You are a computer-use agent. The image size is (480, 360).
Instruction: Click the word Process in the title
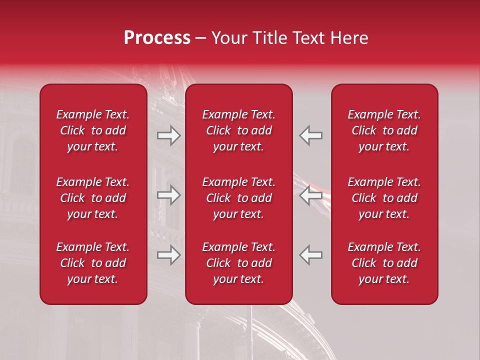[157, 38]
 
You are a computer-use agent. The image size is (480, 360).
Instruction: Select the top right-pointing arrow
[168, 135]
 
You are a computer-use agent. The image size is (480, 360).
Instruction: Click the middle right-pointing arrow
[168, 195]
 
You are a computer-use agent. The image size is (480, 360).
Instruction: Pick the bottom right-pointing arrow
[168, 255]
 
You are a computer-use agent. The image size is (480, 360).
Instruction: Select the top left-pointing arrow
[310, 135]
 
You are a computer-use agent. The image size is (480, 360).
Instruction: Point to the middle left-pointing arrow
[310, 195]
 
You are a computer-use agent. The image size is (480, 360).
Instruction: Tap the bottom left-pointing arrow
[310, 255]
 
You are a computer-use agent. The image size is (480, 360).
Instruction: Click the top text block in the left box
[93, 130]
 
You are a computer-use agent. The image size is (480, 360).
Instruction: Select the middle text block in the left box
[93, 198]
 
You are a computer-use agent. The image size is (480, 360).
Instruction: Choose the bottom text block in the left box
[93, 263]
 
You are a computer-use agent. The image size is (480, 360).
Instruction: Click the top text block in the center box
[239, 130]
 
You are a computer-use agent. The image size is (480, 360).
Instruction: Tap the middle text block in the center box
[239, 198]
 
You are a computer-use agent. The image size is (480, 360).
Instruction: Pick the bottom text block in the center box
[239, 263]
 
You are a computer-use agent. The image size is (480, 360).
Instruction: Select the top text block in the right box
[384, 130]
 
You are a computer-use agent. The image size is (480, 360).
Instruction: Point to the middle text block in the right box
[384, 198]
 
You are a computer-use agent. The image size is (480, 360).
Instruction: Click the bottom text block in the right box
[384, 263]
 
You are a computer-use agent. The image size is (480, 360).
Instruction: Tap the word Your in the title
[228, 38]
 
